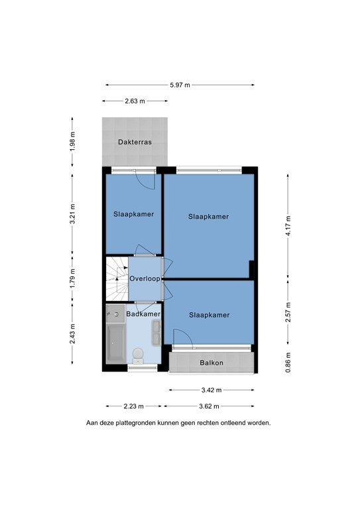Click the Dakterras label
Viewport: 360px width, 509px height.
tap(135, 142)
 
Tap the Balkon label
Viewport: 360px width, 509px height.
tap(211, 363)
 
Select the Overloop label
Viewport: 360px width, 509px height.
tap(145, 278)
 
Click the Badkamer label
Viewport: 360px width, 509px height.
tap(143, 314)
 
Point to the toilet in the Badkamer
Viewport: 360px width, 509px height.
tap(139, 356)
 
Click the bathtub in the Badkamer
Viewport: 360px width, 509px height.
tap(116, 344)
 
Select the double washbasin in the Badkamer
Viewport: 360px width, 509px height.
tap(156, 332)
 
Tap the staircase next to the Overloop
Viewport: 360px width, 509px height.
tap(117, 279)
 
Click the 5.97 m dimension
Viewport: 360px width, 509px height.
tap(180, 85)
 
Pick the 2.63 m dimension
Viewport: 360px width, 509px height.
tap(135, 101)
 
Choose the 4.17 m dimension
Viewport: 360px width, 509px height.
tap(288, 225)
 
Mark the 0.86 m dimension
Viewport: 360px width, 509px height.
tap(288, 363)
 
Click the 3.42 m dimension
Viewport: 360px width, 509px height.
tap(211, 390)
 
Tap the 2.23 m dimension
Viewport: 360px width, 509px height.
tap(133, 406)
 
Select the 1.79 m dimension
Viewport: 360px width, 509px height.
tap(72, 278)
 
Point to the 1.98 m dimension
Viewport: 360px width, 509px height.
tap(72, 142)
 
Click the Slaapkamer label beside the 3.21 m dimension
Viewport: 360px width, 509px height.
tap(133, 214)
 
